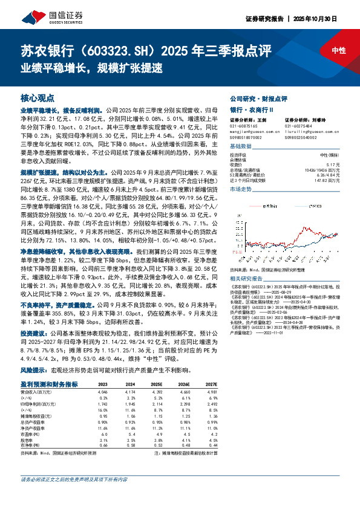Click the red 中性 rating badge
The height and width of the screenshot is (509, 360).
(338, 51)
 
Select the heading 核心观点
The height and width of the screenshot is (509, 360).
(37, 97)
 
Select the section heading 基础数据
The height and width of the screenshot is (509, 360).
(240, 147)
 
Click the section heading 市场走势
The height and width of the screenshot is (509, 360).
(240, 189)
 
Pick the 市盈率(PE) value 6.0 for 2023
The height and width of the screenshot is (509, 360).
(103, 433)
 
